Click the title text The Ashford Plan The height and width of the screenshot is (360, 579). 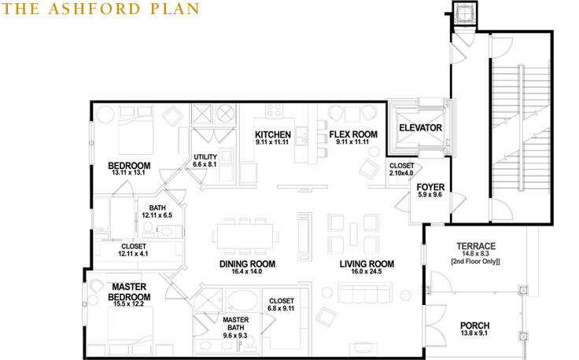101,9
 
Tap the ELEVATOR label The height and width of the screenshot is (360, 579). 421,127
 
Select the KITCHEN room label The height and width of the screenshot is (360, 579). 273,134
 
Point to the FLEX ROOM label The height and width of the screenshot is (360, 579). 353,134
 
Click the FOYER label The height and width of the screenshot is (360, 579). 430,187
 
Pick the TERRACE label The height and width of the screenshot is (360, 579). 476,246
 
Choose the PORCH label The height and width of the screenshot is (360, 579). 475,325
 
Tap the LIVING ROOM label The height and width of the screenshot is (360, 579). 367,264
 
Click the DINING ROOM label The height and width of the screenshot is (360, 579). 247,264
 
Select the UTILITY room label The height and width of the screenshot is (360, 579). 205,156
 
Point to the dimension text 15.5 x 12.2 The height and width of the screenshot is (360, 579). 128,304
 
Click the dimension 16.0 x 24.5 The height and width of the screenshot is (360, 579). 367,271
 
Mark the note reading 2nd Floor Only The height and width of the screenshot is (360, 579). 476,262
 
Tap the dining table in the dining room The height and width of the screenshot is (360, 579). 245,236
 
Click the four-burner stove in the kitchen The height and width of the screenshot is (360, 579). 275,110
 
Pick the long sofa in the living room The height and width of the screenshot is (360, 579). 366,293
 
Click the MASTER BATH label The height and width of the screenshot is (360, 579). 235,324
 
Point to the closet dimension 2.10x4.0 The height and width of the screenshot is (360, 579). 401,173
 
